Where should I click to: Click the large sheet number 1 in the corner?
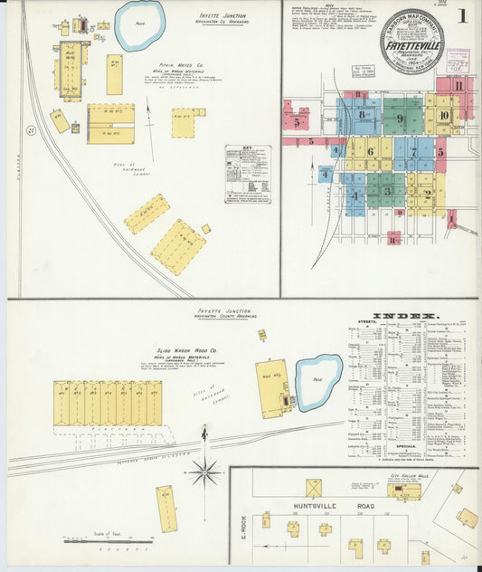coord(462,15)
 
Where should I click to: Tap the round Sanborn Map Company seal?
coord(411,41)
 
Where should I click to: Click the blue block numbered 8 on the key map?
coord(361,115)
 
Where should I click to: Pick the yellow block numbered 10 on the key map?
coord(443,115)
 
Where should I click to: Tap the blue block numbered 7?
coord(413,153)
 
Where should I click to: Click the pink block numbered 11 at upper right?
coord(459,86)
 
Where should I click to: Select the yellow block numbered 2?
coord(426,192)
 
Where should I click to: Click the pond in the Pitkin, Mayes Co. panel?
coord(139,24)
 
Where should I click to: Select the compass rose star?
coord(204,471)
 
